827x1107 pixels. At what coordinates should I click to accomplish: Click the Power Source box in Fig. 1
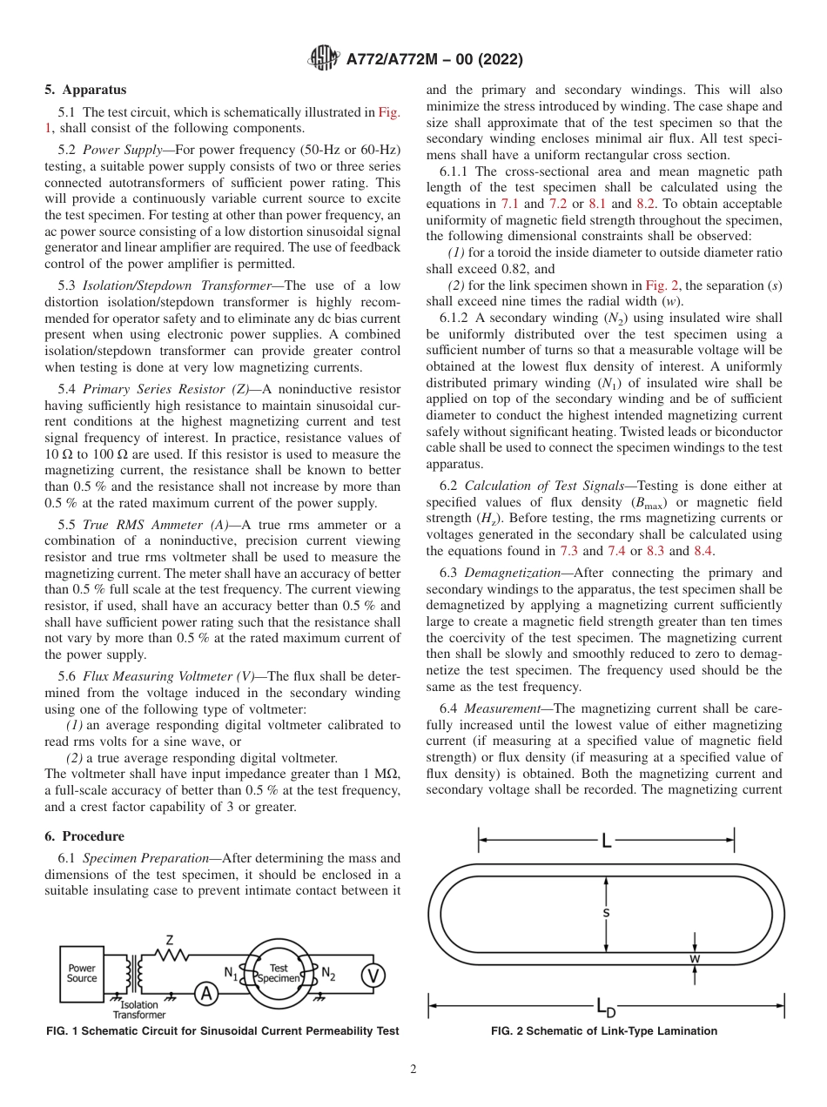[82, 973]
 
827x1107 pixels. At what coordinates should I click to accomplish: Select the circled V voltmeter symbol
[373, 976]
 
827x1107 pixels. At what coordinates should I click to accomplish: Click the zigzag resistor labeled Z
[170, 955]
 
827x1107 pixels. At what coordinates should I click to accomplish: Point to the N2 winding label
[327, 973]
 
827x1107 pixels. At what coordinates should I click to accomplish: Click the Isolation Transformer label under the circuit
[138, 1010]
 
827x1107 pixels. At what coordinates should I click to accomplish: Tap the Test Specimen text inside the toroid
[279, 973]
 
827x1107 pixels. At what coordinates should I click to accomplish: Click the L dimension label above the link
[607, 840]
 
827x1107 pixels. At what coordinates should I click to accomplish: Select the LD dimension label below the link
[606, 1009]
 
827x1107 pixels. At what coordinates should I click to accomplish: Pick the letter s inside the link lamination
[606, 913]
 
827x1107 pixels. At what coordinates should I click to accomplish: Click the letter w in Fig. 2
[695, 958]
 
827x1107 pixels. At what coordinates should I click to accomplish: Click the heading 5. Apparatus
[85, 90]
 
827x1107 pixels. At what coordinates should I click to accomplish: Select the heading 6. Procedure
[84, 836]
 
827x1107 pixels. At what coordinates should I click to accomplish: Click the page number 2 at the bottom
[413, 1070]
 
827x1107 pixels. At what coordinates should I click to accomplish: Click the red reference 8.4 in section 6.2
[703, 551]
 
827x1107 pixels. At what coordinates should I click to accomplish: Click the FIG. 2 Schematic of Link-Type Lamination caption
[604, 1031]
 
